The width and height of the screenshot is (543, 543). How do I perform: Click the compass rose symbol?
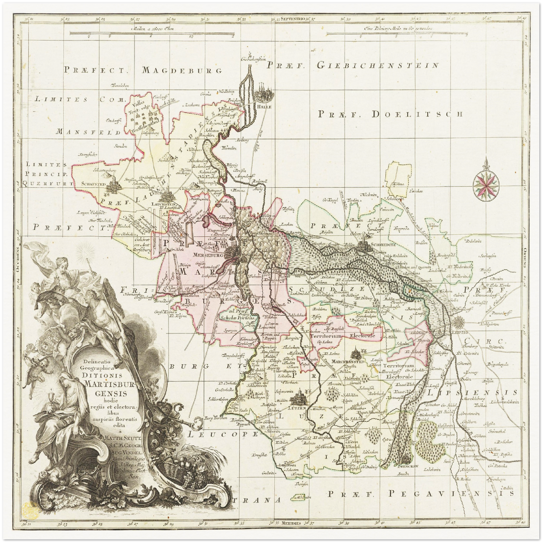click(x=486, y=183)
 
